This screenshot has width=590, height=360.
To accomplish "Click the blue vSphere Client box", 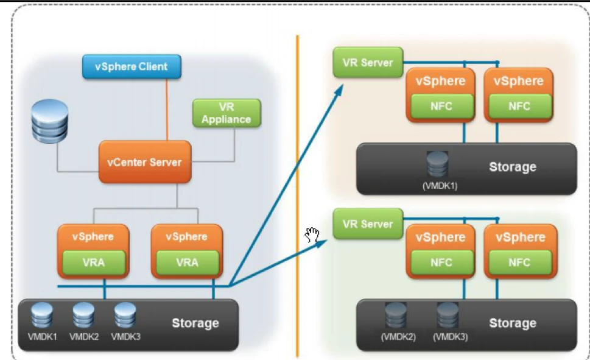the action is pos(132,66).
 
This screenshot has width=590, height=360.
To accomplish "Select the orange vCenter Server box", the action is pos(145,162).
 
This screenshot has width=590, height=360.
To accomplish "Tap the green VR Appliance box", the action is pos(227,113).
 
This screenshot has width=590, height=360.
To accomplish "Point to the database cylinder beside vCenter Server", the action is pos(50,121).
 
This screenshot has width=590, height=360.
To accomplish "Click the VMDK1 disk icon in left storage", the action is pos(42,316).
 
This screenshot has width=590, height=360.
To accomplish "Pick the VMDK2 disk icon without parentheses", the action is pos(83,316).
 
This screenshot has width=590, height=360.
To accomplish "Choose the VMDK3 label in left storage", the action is pos(125,336).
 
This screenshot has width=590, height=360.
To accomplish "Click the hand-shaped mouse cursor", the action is pos(312,235).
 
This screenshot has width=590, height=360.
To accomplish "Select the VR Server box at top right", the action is pos(368,63).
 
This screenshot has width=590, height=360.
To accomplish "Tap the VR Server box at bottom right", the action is pos(368,224).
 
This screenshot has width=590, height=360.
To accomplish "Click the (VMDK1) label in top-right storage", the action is pos(440,186).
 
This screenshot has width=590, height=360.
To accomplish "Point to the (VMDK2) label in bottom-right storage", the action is pos(398,336).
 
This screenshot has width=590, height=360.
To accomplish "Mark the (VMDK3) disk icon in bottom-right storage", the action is pos(448,315).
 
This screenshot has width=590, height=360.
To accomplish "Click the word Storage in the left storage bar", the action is pos(195,323).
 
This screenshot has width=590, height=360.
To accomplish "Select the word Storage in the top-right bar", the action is pos(513,166).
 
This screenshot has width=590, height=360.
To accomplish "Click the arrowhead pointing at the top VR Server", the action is pos(339,90).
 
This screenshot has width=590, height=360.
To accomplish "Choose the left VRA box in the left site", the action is pos(94,263).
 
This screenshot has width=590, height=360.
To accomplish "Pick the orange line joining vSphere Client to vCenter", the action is pos(167,110).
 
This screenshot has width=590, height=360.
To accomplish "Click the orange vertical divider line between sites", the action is pos(298,196).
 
